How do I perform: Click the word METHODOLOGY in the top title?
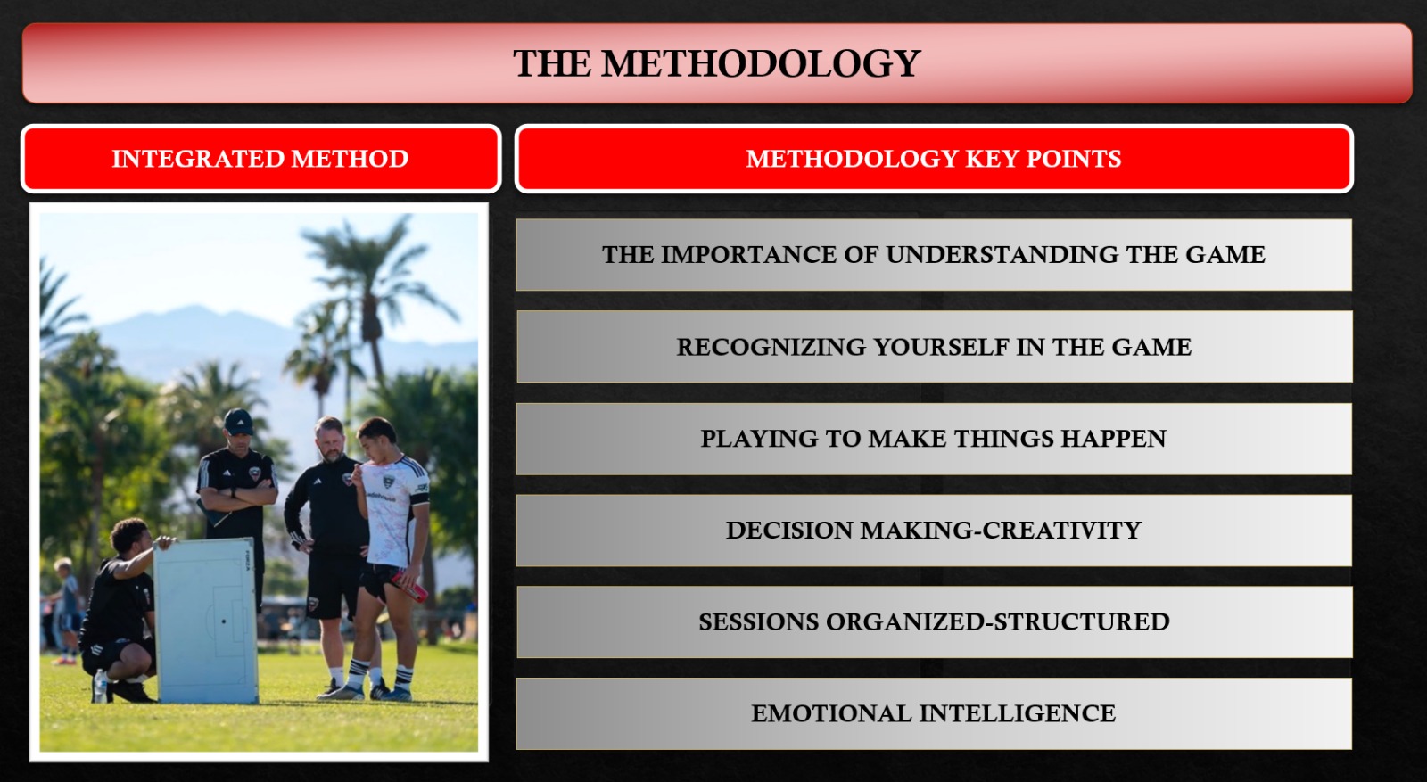tap(761, 63)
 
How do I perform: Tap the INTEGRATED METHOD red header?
tap(260, 159)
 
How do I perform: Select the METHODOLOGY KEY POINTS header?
tap(934, 159)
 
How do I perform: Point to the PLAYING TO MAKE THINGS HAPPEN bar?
tap(934, 439)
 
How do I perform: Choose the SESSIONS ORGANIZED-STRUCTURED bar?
tap(934, 622)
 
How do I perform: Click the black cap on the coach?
tap(238, 421)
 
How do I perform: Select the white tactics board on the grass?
tap(206, 621)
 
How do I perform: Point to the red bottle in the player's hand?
tap(409, 587)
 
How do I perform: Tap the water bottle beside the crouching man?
tap(100, 686)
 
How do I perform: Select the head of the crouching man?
tap(130, 537)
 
